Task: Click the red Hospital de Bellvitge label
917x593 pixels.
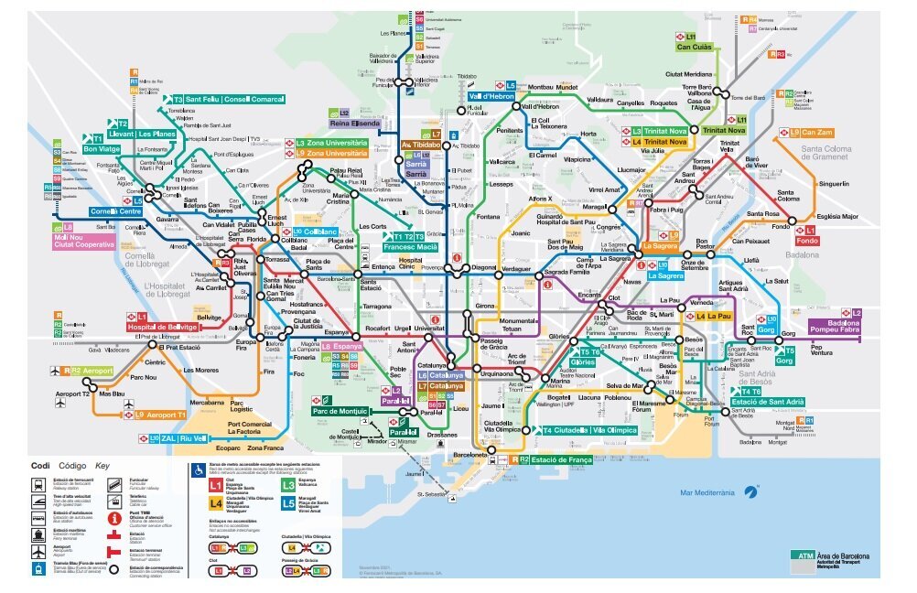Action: pos(162,327)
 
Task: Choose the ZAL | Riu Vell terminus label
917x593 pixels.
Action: pos(180,438)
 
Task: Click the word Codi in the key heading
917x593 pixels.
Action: pos(40,465)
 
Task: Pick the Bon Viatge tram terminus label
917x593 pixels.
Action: pos(102,148)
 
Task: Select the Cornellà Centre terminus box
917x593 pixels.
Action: pos(115,211)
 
